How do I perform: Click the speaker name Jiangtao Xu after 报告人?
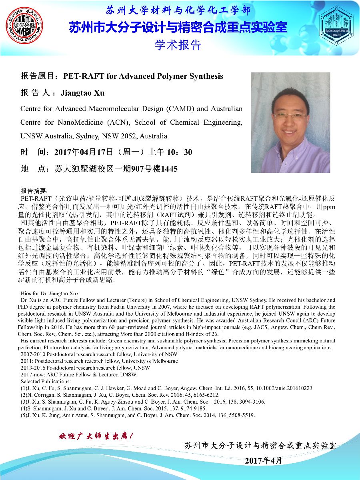[x=82, y=93]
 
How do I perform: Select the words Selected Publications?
[x=42, y=382]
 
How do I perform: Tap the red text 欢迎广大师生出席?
[x=96, y=435]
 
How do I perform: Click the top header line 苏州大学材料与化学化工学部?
[x=178, y=10]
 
